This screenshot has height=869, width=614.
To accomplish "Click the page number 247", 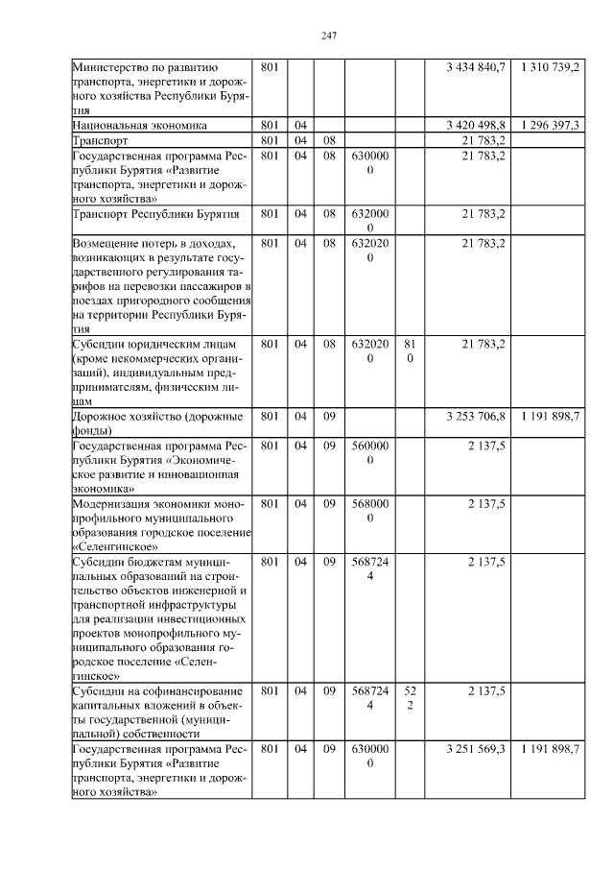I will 327,36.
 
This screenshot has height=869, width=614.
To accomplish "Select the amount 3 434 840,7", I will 476,67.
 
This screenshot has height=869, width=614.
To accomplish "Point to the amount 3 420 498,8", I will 476,126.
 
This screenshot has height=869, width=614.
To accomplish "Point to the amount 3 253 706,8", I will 476,417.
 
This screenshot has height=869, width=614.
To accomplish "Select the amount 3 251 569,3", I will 476,749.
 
